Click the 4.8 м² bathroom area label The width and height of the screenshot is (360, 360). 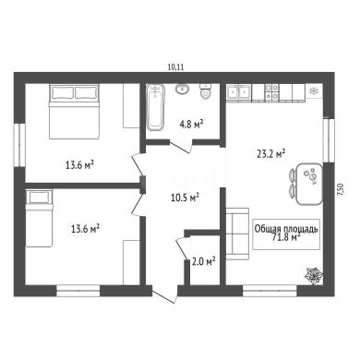[191, 125]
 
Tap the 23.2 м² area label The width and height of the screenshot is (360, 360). [270, 153]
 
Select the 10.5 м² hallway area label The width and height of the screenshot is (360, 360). [185, 198]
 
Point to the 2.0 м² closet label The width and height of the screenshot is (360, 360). [203, 261]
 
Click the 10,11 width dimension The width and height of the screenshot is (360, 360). [175, 67]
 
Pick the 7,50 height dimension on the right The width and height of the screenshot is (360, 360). [341, 189]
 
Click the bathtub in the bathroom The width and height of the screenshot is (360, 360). [155, 107]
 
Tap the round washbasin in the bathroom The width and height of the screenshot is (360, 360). [183, 89]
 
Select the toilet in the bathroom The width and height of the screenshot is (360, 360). [206, 91]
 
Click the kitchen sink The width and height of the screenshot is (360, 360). [239, 91]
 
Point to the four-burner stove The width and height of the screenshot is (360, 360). [272, 92]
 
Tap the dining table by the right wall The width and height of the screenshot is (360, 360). [309, 184]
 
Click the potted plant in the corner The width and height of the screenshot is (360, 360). [314, 275]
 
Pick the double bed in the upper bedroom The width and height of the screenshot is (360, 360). [74, 111]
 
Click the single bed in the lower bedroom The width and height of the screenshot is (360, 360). [39, 219]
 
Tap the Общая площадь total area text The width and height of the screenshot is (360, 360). [286, 229]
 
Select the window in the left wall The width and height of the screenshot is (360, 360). [19, 145]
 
